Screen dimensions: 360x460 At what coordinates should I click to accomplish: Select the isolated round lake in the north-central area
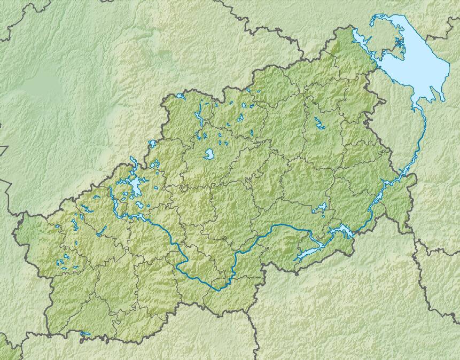[209, 155]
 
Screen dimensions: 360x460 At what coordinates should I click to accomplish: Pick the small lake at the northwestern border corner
[180, 97]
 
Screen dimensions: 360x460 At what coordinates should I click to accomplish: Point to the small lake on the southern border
[85, 335]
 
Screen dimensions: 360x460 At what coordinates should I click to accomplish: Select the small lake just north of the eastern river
[322, 208]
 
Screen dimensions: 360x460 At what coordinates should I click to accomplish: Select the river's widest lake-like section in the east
[340, 231]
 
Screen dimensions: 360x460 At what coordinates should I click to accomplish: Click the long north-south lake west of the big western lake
[113, 200]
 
